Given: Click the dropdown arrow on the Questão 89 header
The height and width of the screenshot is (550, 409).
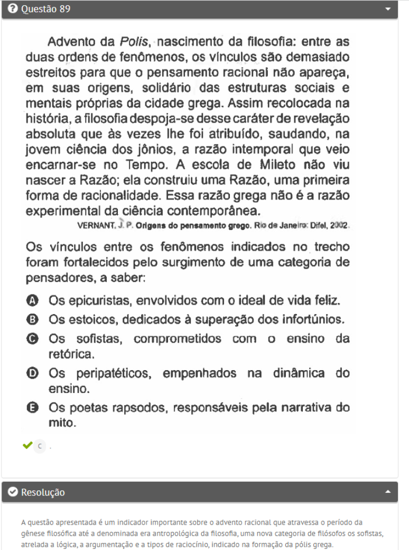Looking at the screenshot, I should pos(389,10).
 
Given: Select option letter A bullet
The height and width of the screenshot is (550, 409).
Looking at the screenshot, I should pos(32,300).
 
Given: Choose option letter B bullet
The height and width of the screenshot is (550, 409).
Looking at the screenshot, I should pos(32,319).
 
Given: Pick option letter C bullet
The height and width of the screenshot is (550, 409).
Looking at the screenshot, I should pos(32,338).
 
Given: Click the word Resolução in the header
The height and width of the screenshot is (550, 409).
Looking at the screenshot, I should pos(43,492).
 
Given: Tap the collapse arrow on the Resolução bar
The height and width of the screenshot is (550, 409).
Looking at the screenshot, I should pos(389,492).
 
